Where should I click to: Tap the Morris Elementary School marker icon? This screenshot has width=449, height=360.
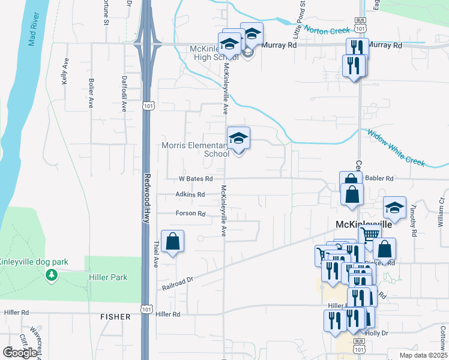tap(238, 139)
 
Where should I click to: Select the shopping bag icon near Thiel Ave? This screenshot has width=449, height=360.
tap(172, 241)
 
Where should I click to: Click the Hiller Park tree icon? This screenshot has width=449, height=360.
tap(52, 275)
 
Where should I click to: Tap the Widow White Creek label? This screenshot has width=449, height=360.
tap(396, 148)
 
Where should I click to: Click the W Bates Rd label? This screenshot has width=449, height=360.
tap(196, 179)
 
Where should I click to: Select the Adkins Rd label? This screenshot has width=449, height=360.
tap(190, 194)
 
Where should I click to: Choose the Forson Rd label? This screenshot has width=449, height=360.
tap(190, 214)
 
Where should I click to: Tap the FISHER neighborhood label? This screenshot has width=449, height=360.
tap(115, 316)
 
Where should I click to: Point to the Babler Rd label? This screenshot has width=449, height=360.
tap(380, 178)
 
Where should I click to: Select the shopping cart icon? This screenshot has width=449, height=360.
tap(370, 235)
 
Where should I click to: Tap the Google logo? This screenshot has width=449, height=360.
tap(20, 353)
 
